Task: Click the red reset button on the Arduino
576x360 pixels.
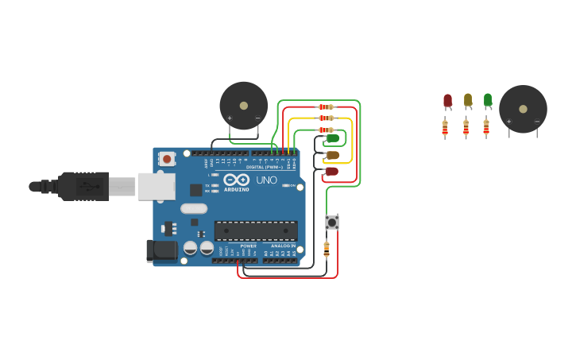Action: tap(167, 159)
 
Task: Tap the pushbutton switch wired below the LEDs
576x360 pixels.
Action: tap(332, 223)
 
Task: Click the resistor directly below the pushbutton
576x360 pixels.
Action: tap(327, 250)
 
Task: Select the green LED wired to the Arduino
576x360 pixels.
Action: tap(333, 139)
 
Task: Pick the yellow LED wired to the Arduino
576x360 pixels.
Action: tap(333, 155)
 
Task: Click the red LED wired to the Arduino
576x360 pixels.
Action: tap(332, 171)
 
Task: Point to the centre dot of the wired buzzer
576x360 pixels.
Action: tap(244, 105)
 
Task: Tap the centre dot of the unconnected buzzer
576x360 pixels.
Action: tap(523, 109)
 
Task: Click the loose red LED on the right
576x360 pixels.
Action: tap(447, 100)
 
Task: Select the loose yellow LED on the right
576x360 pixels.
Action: tap(468, 100)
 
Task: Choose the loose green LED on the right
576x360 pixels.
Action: tap(488, 100)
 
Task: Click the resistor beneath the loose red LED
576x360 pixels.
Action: tap(445, 127)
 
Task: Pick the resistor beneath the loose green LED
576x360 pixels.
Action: tap(486, 127)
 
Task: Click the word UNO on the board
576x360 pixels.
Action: tap(266, 180)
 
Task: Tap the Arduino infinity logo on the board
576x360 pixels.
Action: tap(236, 180)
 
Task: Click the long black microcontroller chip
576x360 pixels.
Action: tap(256, 230)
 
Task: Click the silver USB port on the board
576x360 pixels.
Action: tap(156, 186)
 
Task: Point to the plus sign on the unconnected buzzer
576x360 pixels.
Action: tap(509, 122)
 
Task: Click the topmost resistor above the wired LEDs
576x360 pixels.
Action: tap(326, 106)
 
